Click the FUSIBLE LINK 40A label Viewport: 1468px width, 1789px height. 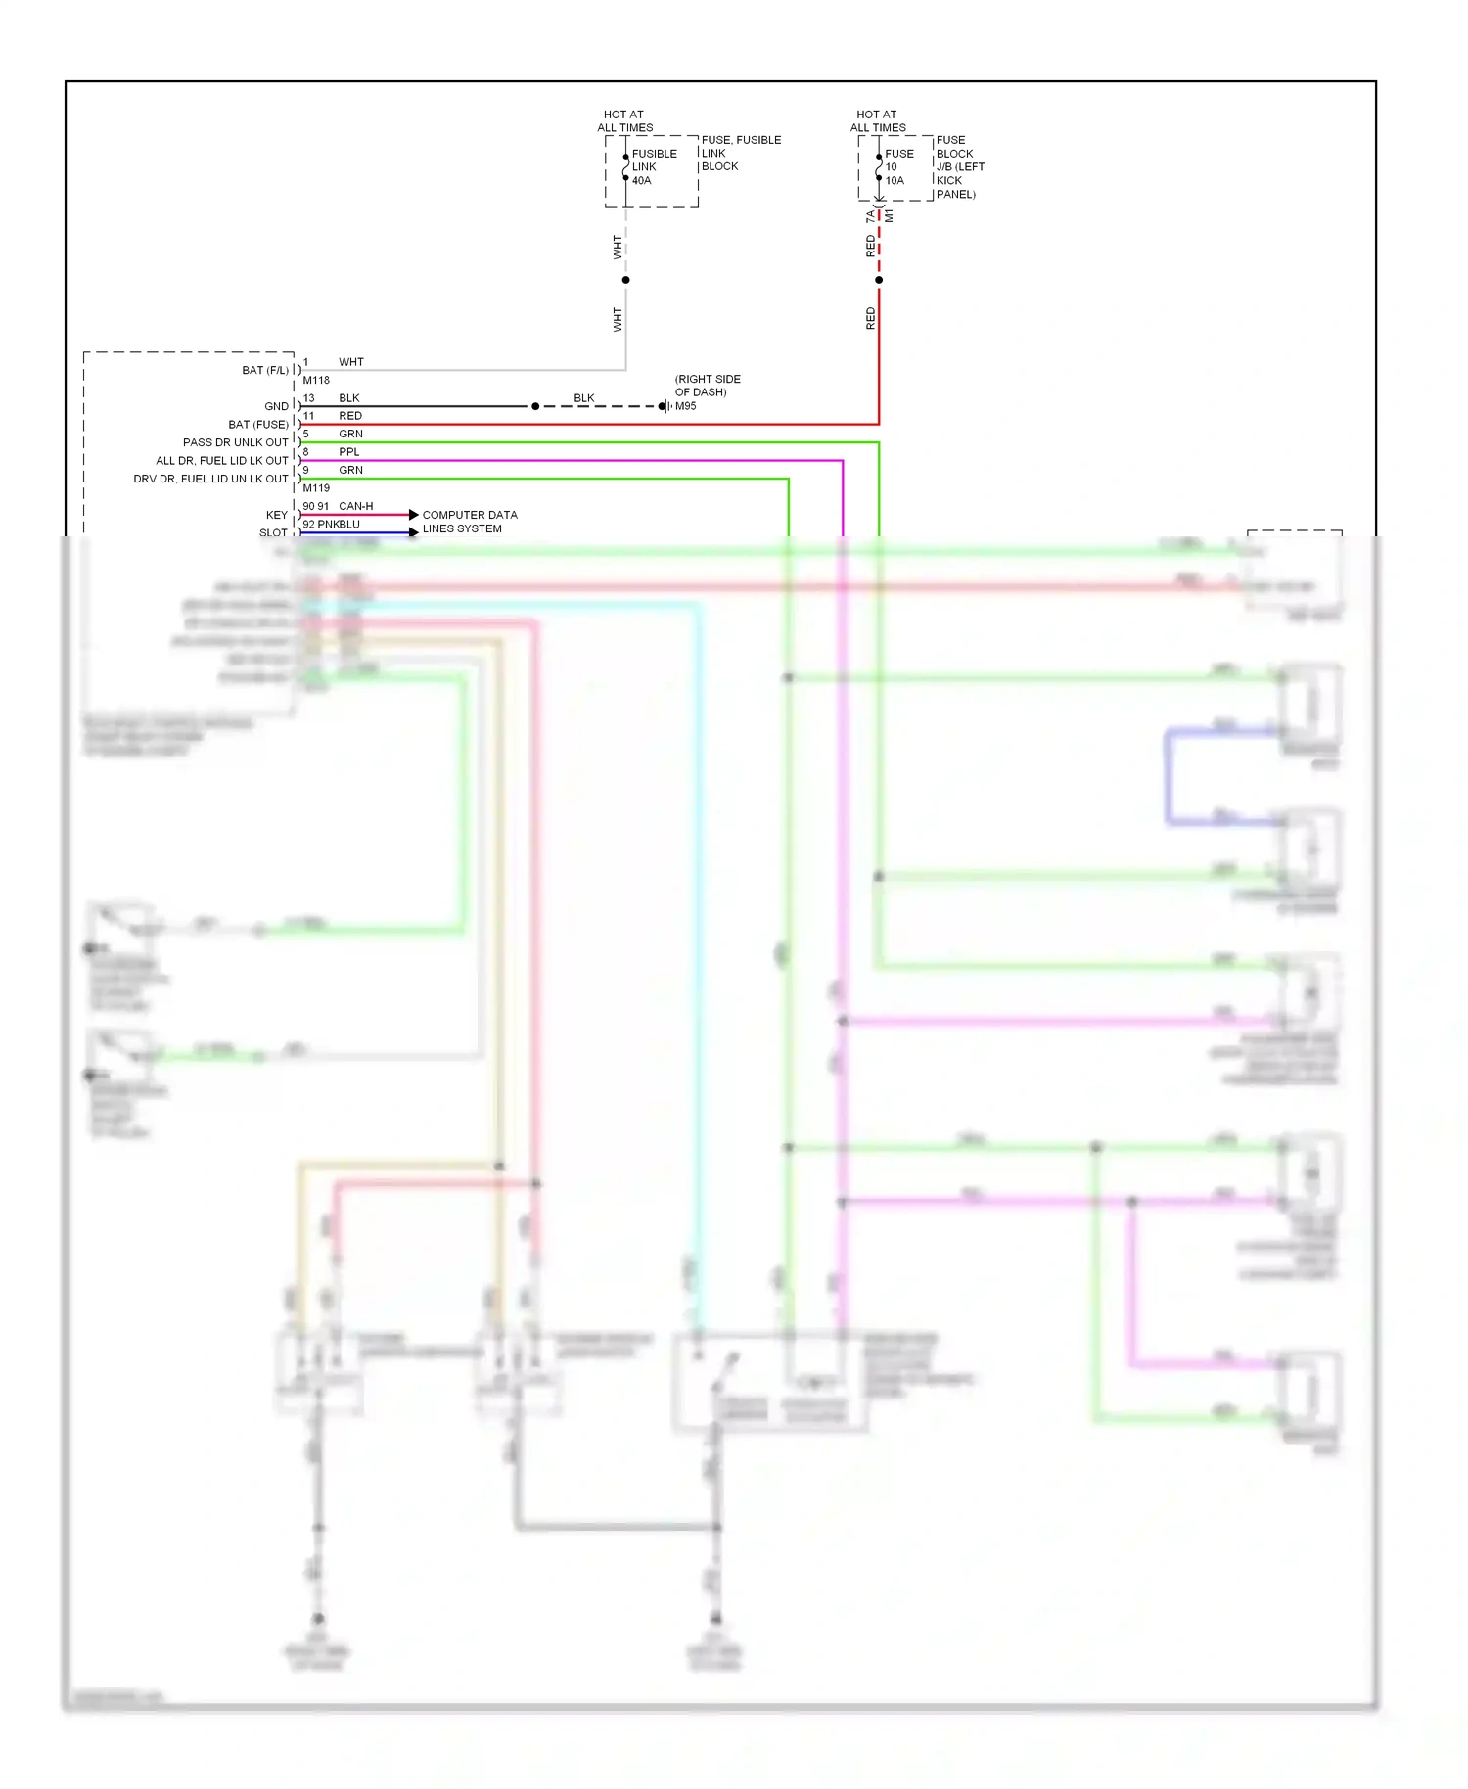(653, 167)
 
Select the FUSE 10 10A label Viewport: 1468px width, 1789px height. (897, 167)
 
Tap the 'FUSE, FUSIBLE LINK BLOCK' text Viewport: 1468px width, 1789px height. (740, 154)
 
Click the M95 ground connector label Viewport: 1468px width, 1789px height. (685, 406)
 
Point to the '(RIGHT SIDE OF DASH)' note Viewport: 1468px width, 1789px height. (707, 386)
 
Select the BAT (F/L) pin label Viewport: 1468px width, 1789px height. (264, 370)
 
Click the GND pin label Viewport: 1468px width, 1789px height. (276, 406)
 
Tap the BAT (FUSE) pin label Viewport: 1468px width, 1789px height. (257, 425)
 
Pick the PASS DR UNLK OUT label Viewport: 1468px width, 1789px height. (235, 442)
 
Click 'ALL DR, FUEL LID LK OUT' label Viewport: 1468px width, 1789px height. (221, 461)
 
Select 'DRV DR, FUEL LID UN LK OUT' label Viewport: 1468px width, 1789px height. (210, 479)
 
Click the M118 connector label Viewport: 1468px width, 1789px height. (316, 381)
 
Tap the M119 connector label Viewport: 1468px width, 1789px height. (316, 488)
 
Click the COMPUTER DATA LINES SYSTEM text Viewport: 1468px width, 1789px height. (469, 522)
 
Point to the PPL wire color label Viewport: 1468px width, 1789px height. (349, 452)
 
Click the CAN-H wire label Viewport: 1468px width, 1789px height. (355, 506)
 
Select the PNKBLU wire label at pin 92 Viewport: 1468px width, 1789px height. (339, 525)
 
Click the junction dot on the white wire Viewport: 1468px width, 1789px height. (625, 280)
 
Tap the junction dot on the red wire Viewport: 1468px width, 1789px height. (879, 280)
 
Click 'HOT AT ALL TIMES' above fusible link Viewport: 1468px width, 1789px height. (624, 121)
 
